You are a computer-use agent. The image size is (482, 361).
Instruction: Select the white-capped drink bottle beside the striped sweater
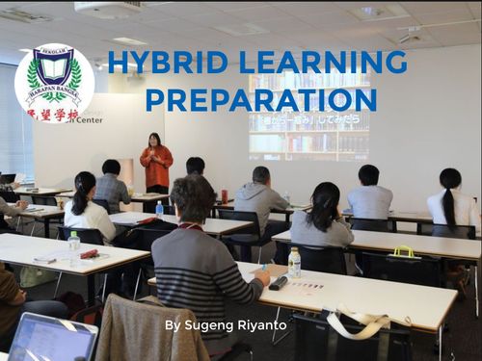click(294, 262)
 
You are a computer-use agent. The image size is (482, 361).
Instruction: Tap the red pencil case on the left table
click(90, 254)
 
